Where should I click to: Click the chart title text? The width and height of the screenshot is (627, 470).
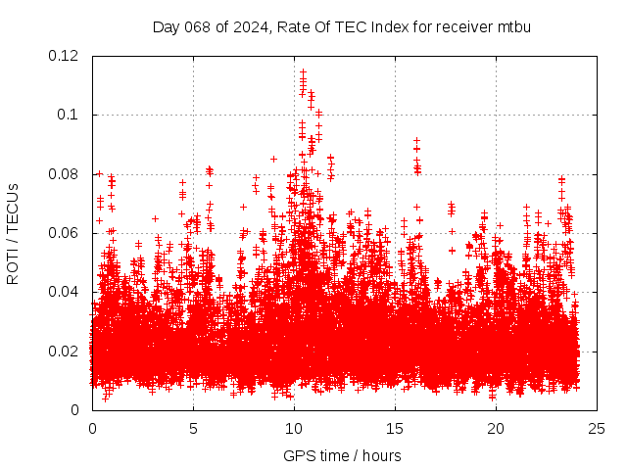341,26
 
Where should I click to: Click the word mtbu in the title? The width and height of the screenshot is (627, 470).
513,26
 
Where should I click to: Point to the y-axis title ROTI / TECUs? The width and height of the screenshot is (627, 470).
14,233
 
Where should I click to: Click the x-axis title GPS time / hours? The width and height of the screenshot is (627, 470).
342,455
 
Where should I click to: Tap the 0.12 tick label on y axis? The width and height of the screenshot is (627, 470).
65,56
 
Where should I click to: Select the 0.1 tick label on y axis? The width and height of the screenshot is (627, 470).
69,115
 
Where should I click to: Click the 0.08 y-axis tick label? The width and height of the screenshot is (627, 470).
65,174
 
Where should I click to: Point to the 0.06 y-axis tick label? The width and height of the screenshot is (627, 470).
65,233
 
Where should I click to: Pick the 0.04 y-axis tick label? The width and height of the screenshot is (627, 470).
65,292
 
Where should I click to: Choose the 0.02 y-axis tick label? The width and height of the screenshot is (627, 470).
65,351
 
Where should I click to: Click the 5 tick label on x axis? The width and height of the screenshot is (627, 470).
193,428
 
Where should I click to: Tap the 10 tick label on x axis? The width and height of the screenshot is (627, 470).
294,428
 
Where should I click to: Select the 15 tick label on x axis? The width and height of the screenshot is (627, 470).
395,428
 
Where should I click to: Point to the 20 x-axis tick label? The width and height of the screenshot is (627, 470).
496,428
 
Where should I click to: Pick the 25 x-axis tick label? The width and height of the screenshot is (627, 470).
597,428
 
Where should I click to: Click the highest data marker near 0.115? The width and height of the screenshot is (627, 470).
303,71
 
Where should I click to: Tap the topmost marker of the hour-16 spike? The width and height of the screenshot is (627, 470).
416,141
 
